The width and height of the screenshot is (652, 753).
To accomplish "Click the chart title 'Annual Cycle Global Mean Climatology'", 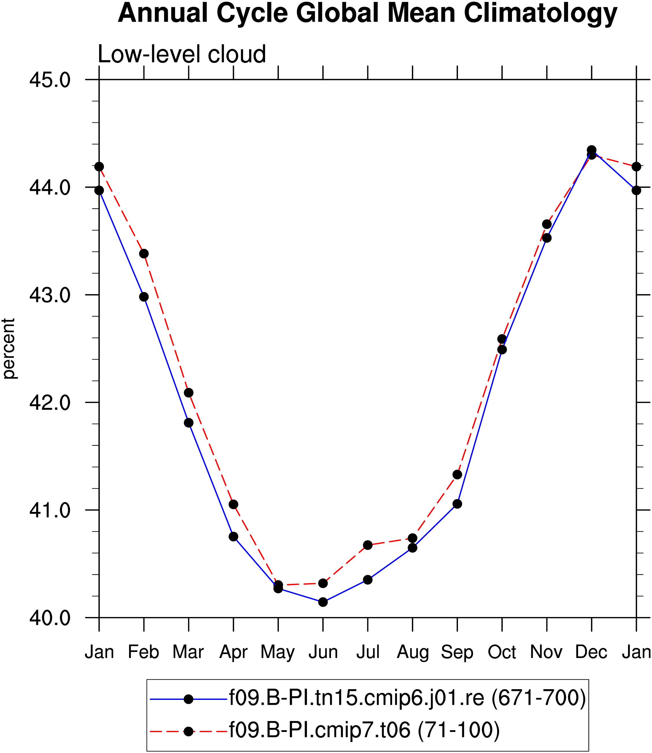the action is [x=368, y=13].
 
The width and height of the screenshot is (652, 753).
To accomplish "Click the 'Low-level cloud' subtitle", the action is [x=182, y=55].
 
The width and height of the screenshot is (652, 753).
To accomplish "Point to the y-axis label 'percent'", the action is [x=9, y=349].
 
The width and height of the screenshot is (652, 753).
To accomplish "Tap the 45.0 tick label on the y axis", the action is [x=50, y=80].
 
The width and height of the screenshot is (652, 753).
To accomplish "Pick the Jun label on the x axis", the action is [x=323, y=652].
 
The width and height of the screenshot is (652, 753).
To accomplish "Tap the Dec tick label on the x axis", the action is [x=591, y=652].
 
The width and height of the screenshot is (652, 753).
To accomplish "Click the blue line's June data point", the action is [x=323, y=602].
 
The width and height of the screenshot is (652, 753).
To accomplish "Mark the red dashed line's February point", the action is [x=144, y=254].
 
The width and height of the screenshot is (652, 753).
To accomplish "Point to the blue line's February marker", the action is [x=144, y=297].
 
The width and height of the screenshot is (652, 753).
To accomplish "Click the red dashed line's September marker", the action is [x=457, y=475].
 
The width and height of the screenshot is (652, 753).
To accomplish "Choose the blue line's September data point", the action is [x=457, y=504].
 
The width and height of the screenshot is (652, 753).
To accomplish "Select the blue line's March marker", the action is [x=189, y=423].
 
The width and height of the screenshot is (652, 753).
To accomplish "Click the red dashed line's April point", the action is [x=234, y=504].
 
